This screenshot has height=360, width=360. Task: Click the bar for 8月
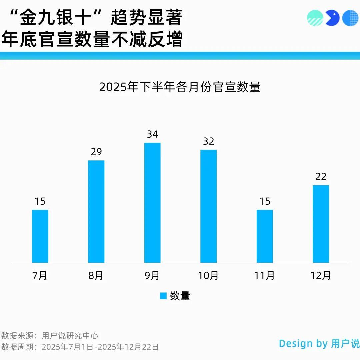click(x=96, y=211)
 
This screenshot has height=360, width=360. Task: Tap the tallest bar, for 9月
click(x=152, y=203)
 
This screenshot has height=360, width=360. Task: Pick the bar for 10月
click(x=208, y=206)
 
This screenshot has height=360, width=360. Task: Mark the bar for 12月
click(x=321, y=224)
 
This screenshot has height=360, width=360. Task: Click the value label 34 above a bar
click(x=152, y=134)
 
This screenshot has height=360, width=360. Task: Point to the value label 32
click(x=208, y=141)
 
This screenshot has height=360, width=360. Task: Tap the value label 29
click(x=96, y=152)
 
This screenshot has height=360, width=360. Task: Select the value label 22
click(x=321, y=177)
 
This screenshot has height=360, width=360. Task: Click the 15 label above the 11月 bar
click(x=265, y=201)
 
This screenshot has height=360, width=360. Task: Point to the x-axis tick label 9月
click(x=152, y=276)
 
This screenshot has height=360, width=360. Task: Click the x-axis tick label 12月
click(x=321, y=276)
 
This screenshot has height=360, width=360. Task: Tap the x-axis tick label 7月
click(x=40, y=276)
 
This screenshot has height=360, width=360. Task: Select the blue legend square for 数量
click(x=163, y=296)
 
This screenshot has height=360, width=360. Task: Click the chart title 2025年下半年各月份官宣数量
click(x=180, y=87)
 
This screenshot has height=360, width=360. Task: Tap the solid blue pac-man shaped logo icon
click(x=332, y=18)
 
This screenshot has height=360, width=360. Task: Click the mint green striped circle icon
click(x=315, y=18)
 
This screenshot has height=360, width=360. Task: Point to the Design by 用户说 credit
click(x=319, y=343)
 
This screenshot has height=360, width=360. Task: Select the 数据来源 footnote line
click(x=50, y=336)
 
